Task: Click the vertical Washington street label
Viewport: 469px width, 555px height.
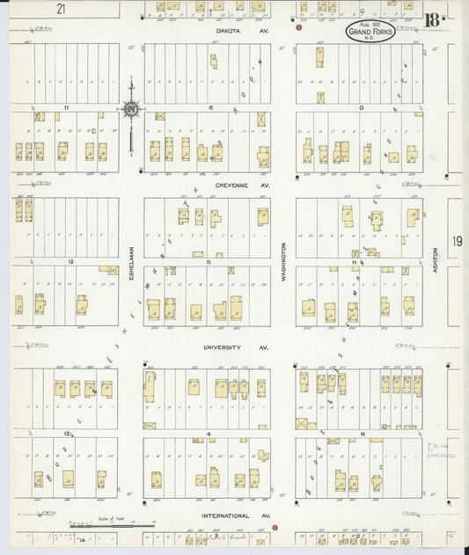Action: pos(283,261)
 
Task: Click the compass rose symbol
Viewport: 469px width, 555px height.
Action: pos(131,110)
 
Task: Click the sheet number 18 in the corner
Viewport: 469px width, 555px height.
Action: pos(433,19)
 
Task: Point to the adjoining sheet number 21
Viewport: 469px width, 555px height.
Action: pos(60,9)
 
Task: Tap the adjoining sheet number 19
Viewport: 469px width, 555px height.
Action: pos(457,240)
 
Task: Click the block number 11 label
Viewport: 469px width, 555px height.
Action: pos(66,107)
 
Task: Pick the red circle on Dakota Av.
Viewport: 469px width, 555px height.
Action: pos(299,28)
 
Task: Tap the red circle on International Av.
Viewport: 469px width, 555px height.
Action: pos(275,528)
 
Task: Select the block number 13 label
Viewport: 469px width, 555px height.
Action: pos(66,434)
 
